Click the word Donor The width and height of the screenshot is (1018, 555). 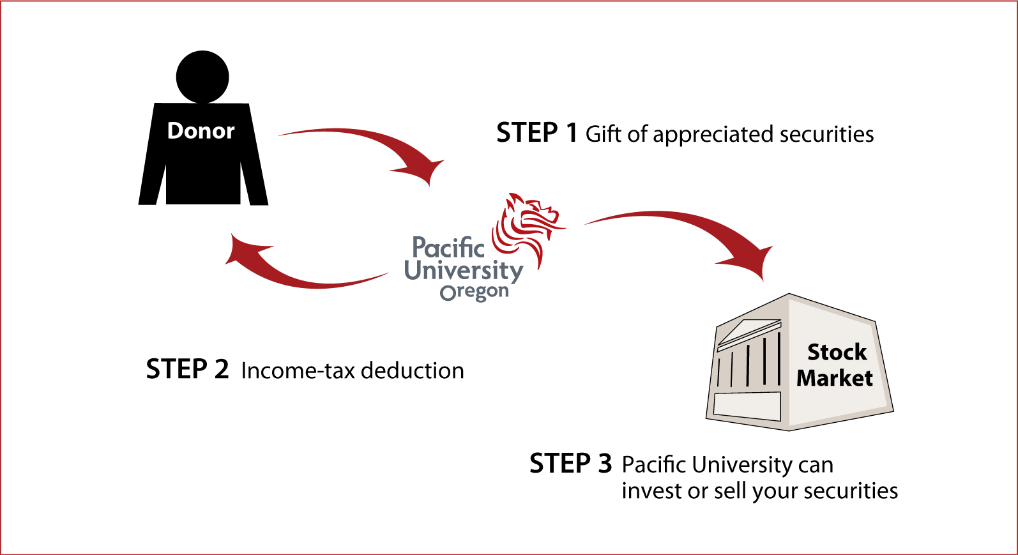click(201, 131)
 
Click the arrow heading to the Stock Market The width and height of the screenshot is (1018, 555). click(677, 220)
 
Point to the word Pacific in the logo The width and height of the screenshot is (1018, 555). click(448, 248)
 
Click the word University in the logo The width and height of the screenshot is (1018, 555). click(464, 271)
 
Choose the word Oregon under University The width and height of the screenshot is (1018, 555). click(475, 293)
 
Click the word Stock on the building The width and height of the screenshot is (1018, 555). click(837, 352)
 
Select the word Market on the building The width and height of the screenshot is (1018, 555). click(834, 378)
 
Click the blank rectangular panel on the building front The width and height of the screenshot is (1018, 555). click(747, 406)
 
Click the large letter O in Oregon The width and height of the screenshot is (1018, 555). click(448, 293)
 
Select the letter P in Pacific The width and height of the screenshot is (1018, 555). click(420, 248)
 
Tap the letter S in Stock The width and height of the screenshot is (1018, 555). click(814, 352)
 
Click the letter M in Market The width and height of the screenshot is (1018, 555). click(808, 378)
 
